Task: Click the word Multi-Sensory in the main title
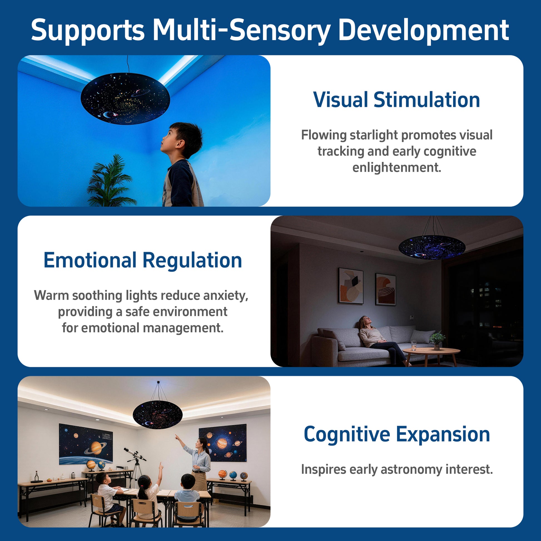click(241, 31)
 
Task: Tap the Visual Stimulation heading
click(396, 100)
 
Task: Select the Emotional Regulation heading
click(143, 260)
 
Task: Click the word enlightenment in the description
click(397, 167)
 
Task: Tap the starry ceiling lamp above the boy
click(125, 98)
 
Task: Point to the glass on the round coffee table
click(414, 345)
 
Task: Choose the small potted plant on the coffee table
click(437, 340)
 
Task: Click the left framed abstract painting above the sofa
click(351, 286)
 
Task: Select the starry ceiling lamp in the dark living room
click(432, 247)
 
